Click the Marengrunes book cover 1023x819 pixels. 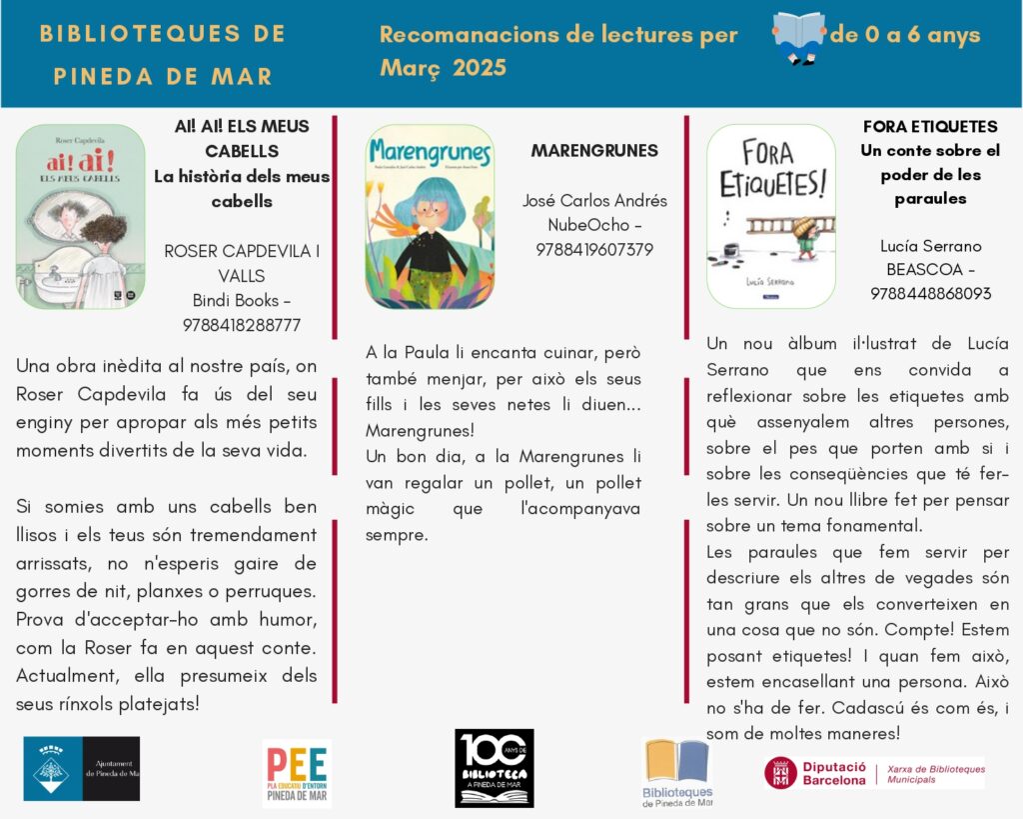point(430,216)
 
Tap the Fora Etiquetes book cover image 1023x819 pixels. point(770,216)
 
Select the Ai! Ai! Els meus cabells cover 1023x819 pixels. point(80,216)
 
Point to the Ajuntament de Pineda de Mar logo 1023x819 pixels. point(82,769)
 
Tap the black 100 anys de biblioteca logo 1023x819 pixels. point(495,768)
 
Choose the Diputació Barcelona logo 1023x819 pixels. point(875,773)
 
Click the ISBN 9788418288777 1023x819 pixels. point(242,325)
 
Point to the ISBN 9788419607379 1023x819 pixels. point(594,249)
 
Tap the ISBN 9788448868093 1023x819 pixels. point(931,294)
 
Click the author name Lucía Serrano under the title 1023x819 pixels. point(931,246)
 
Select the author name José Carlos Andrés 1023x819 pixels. point(594,201)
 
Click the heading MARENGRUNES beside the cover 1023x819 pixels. point(594,151)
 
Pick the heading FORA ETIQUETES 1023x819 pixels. point(930,127)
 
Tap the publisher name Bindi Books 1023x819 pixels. point(236,301)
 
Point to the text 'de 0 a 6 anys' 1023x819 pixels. point(905,36)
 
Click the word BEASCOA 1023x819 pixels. point(924,270)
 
